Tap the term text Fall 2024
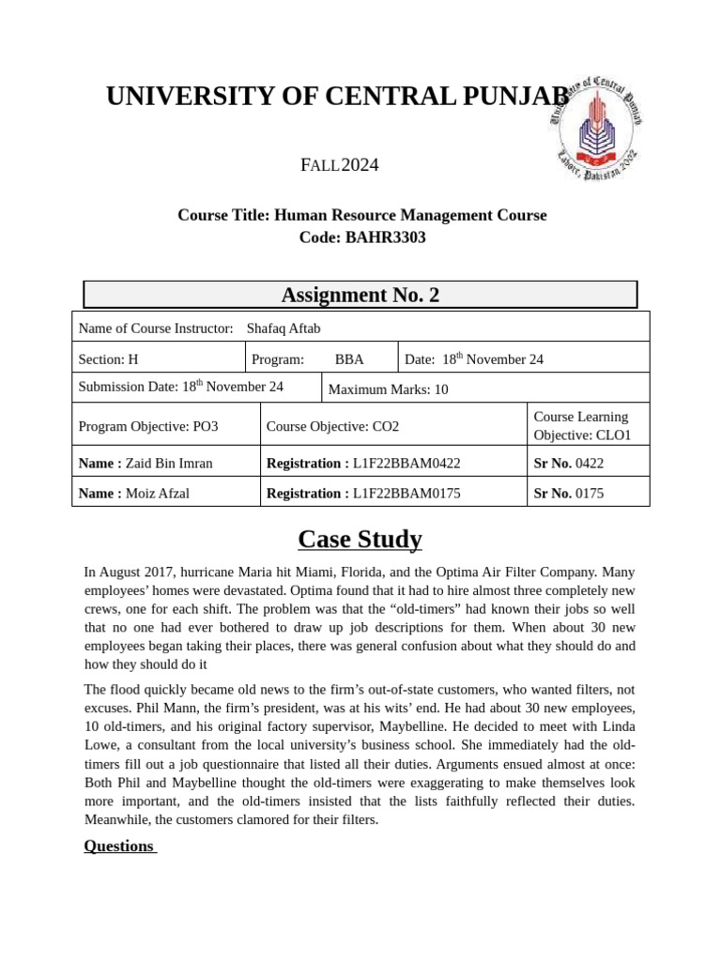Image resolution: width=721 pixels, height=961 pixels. [339, 166]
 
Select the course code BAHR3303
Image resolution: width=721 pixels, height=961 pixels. [385, 237]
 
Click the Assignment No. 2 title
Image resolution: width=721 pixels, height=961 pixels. [360, 295]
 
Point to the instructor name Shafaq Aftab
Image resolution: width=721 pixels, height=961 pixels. [283, 328]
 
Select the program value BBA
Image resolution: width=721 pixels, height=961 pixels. [349, 359]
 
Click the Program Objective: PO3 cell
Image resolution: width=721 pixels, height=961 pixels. [147, 426]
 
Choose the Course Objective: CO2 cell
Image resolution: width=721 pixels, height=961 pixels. [332, 426]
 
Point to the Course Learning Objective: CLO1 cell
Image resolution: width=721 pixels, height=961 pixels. [581, 426]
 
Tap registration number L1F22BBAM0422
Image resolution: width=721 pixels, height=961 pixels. [407, 463]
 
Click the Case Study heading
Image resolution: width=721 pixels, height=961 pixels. [360, 540]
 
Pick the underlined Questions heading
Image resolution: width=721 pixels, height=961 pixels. [119, 846]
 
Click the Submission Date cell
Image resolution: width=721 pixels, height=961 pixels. [180, 387]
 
